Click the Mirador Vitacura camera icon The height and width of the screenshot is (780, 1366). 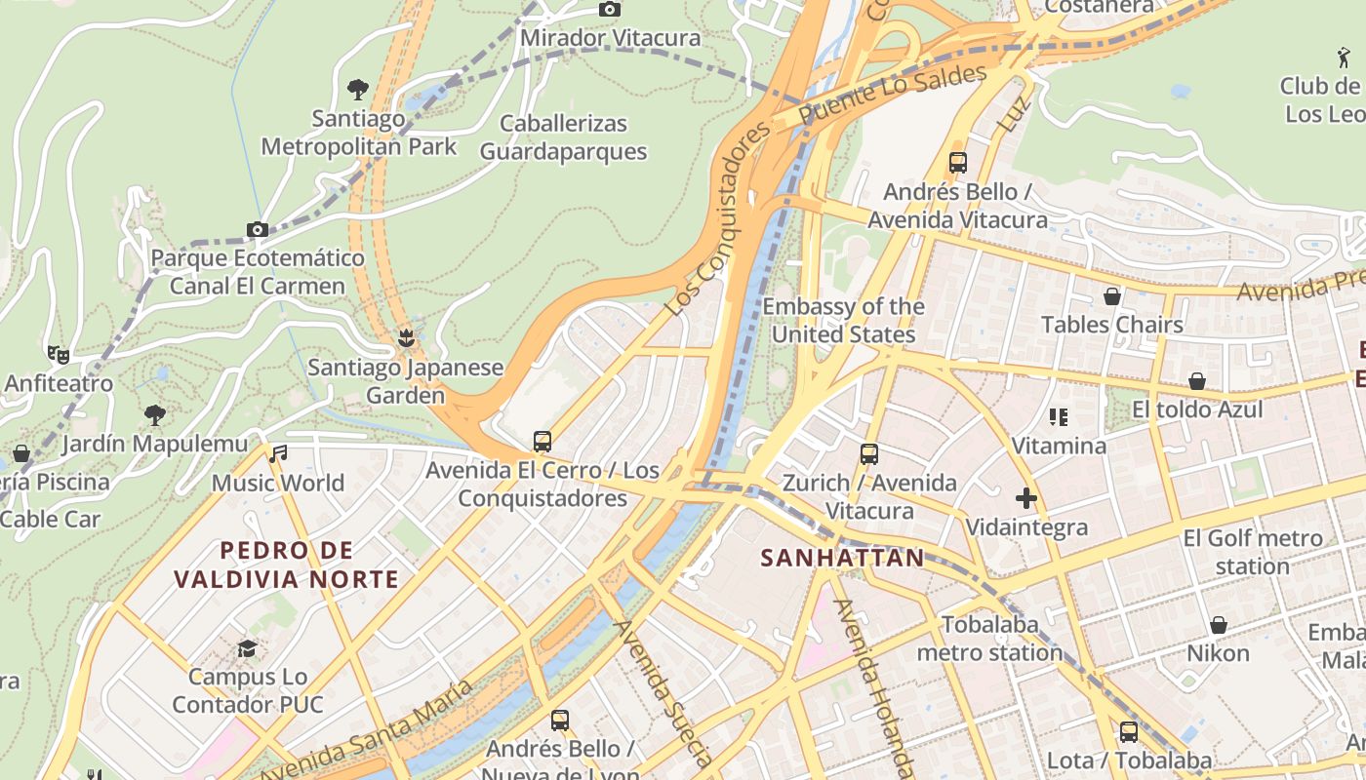tap(609, 10)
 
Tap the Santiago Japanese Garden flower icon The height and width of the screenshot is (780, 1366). tap(406, 338)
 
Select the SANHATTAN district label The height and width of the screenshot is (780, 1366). tap(841, 558)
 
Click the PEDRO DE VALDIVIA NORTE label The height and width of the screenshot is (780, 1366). tap(287, 565)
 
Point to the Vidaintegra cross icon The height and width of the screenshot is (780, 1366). tap(1025, 499)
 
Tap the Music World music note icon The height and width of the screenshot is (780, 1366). tap(279, 453)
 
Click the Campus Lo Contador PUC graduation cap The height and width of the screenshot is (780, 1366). tap(248, 648)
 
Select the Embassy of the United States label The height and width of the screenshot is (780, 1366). tap(843, 321)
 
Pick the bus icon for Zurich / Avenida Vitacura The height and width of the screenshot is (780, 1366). tap(868, 454)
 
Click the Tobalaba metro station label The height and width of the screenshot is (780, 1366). tap(989, 639)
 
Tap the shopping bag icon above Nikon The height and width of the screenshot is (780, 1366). tap(1218, 625)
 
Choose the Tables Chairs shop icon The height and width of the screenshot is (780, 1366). tap(1111, 296)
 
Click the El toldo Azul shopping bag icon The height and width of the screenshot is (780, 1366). tap(1196, 381)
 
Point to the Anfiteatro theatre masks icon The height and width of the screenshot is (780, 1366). tap(59, 355)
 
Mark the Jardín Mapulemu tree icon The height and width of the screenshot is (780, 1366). tap(154, 415)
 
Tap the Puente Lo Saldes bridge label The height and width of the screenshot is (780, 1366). tap(892, 95)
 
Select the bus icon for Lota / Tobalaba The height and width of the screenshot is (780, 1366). tap(1128, 731)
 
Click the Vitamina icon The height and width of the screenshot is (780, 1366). tap(1059, 418)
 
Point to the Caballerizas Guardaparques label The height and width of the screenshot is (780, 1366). tap(563, 137)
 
